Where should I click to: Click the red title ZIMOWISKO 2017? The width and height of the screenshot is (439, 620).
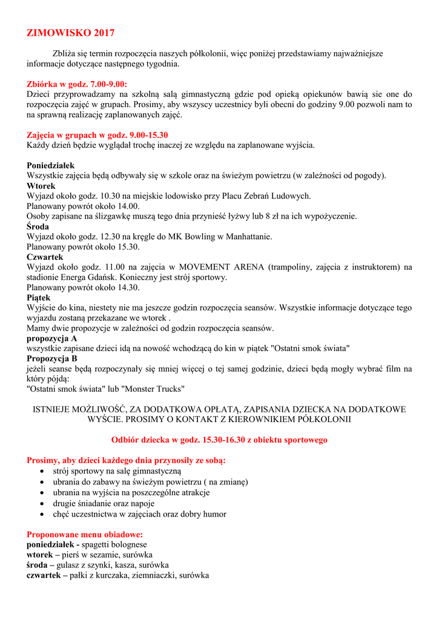coord(70,33)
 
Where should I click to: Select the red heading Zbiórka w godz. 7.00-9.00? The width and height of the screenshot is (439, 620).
coord(77,84)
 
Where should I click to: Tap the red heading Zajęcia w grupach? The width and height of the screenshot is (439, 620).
coord(97,135)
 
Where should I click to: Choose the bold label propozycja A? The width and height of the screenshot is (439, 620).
coord(52,338)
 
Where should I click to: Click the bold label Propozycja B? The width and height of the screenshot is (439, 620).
coord(52,358)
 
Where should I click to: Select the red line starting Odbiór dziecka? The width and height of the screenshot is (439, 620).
coord(219,440)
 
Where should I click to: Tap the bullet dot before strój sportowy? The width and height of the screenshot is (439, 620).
coord(41,470)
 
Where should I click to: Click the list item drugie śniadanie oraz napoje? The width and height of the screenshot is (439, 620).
coord(104,503)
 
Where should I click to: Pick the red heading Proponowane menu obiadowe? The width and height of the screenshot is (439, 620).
coord(85,535)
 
